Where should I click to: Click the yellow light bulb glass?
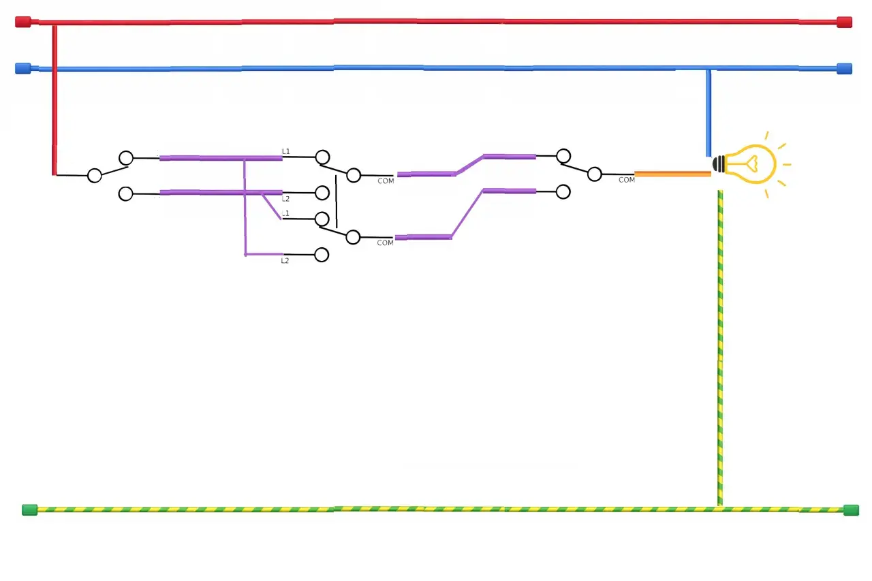point(751,164)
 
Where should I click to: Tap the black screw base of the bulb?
point(719,164)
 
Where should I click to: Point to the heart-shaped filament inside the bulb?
point(753,163)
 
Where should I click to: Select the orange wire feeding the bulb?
point(672,174)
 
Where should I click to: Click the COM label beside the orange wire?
point(626,180)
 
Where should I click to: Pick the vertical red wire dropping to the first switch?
point(54,100)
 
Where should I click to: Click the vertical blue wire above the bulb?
point(708,113)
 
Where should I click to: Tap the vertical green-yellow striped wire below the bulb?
point(720,348)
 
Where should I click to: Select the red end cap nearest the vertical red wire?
point(23,22)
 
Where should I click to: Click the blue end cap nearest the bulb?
point(844,69)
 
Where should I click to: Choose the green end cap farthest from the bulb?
point(29,509)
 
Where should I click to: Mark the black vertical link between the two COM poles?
point(337,202)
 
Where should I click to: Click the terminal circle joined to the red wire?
point(95,176)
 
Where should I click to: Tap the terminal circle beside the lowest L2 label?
point(322,255)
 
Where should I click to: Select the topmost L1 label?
point(285,151)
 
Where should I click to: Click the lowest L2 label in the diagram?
point(285,261)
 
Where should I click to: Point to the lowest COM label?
point(385,243)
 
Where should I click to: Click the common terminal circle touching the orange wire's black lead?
point(595,174)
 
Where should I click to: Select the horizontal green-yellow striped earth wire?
point(440,509)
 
